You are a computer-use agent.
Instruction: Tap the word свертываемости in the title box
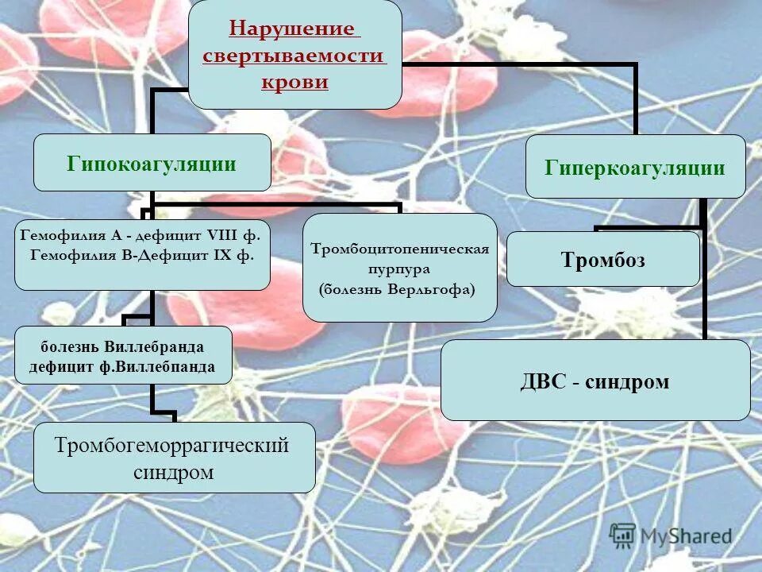[x=294, y=56]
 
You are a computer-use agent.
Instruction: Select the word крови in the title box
[x=294, y=82]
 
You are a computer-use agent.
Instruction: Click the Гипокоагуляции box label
[x=152, y=164]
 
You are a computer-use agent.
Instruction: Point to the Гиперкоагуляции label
[x=634, y=168]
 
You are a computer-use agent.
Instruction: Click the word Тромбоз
[x=602, y=260]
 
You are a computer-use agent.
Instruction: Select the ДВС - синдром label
[x=595, y=382]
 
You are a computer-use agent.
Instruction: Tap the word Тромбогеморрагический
[x=171, y=445]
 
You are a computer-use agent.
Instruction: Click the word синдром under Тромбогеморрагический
[x=174, y=472]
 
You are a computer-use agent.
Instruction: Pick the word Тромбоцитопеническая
[x=399, y=249]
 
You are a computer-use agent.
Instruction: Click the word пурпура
[x=398, y=269]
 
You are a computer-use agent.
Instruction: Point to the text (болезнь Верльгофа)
[x=397, y=289]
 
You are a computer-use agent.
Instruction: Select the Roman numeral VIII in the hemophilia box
[x=225, y=235]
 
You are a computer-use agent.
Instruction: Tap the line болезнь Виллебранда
[x=123, y=347]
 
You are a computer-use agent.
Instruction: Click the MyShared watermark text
[x=685, y=536]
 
